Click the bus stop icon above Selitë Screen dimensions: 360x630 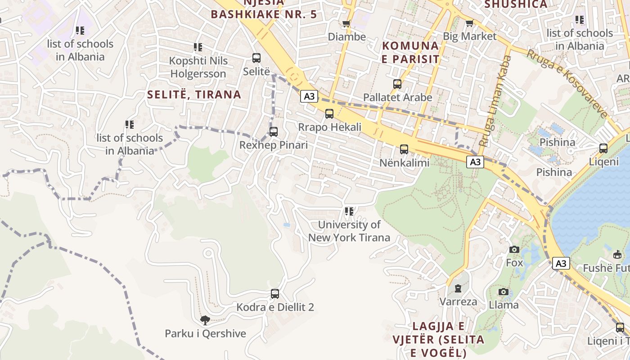256,58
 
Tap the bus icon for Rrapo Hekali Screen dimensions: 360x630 329,114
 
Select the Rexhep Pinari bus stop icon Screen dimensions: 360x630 273,132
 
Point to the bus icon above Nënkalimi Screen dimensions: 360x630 404,149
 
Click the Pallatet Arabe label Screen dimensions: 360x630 397,97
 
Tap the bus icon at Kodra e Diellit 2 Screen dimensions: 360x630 275,294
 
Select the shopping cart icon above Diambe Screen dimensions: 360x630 346,23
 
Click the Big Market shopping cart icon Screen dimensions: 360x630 469,23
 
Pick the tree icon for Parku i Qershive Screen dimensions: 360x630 205,320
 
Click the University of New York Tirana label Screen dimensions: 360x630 349,231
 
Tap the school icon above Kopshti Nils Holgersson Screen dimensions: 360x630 198,47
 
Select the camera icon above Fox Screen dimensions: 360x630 514,249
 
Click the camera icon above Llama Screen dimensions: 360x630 504,292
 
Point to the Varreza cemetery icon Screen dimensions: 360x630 458,288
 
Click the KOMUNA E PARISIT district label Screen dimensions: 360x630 410,52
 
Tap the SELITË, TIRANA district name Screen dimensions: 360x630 194,94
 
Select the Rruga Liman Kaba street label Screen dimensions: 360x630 495,101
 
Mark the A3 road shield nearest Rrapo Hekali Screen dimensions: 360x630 310,96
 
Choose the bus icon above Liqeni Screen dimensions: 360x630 603,148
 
